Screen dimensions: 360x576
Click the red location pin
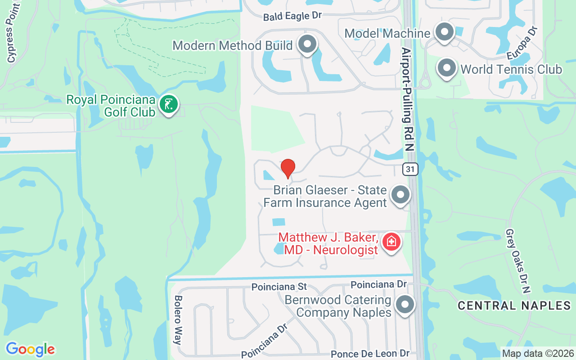click(288, 168)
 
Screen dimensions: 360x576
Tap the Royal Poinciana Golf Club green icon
click(169, 105)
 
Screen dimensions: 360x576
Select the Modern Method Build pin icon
click(308, 45)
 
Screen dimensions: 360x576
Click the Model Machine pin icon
click(445, 32)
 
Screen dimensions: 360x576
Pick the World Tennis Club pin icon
click(447, 68)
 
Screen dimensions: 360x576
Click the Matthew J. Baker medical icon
click(391, 242)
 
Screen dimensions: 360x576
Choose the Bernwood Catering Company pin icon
click(405, 305)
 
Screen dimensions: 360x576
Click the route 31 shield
click(410, 169)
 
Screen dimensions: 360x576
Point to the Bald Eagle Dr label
click(292, 16)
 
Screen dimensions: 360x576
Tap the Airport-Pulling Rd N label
click(407, 99)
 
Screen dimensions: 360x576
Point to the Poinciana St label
click(279, 287)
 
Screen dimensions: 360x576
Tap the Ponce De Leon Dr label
click(370, 354)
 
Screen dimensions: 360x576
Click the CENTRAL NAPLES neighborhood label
click(514, 306)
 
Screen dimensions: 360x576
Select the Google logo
click(30, 349)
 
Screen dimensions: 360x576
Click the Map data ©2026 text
click(538, 353)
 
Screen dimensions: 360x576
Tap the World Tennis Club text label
click(511, 69)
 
